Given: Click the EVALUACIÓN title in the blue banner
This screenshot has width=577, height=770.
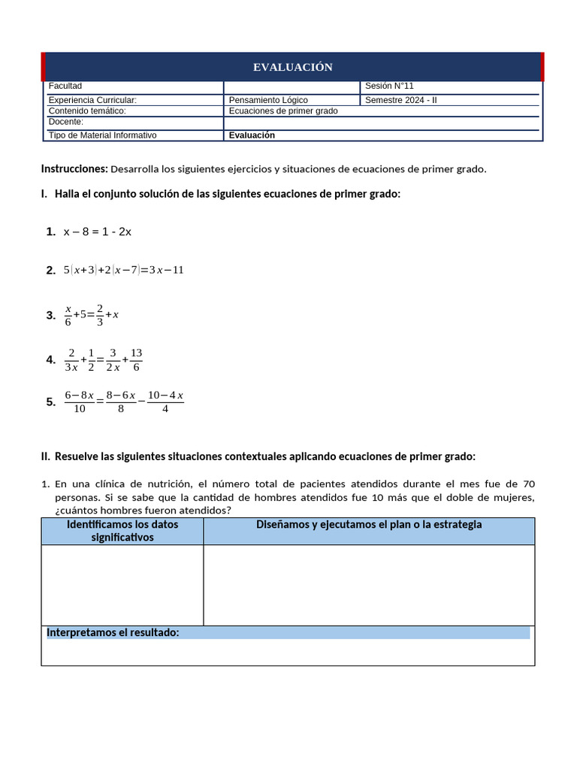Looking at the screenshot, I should (292, 68).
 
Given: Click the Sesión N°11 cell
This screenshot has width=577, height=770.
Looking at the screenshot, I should (389, 86).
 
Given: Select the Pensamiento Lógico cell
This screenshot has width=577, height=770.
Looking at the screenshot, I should (268, 100).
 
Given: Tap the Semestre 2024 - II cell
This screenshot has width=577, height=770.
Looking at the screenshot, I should (399, 100).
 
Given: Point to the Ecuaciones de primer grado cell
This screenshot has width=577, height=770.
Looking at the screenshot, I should (283, 111).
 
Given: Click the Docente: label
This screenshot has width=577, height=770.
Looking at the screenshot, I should (66, 122).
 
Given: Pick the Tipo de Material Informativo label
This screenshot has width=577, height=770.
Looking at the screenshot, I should (102, 135).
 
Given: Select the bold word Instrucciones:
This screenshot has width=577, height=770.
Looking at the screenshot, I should (74, 169).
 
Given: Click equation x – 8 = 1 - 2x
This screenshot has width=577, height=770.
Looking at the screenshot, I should (97, 232).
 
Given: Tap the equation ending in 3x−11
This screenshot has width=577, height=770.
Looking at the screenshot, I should (123, 270).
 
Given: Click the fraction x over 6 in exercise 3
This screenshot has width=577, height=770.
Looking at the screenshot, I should (68, 315).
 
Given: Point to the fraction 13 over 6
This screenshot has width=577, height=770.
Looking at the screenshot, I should (136, 359).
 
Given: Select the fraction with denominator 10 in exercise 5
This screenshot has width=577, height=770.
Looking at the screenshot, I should (79, 402).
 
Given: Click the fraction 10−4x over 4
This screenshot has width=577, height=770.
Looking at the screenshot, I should (165, 402).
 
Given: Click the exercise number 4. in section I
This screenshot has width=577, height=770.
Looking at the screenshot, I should (50, 360).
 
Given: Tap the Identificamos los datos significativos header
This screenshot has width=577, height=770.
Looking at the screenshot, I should (122, 531).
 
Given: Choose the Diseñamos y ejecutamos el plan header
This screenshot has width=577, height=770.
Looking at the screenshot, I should (369, 525).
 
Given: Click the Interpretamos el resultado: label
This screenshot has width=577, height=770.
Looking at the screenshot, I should (113, 633).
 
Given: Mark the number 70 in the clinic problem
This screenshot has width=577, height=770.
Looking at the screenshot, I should (528, 484).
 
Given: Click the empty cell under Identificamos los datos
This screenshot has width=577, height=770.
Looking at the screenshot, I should (122, 585).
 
